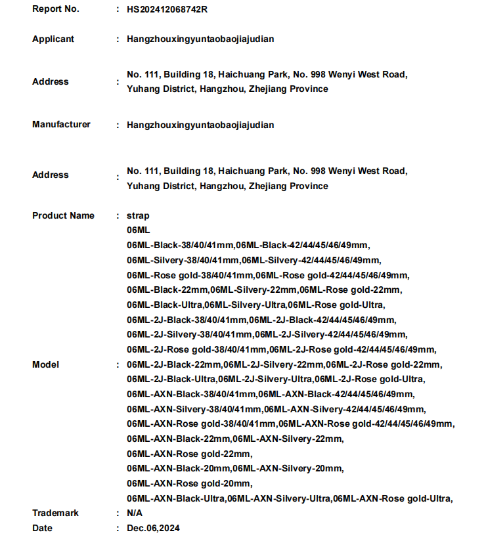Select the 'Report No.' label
click(56, 9)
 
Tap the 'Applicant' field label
click(53, 39)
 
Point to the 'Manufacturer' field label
click(61, 124)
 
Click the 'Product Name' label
click(63, 215)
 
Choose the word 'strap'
click(138, 215)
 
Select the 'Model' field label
click(45, 364)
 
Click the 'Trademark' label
click(55, 513)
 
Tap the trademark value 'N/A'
click(134, 513)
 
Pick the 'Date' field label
click(42, 528)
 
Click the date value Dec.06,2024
click(153, 528)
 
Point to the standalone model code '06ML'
click(139, 230)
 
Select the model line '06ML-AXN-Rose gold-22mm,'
click(190, 454)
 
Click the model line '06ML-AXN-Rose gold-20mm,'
click(190, 483)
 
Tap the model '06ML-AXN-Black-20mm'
click(178, 468)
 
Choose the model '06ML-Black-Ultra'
click(164, 305)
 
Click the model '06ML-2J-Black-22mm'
click(173, 364)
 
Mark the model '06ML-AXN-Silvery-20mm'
click(288, 468)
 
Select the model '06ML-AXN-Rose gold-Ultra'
click(391, 498)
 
